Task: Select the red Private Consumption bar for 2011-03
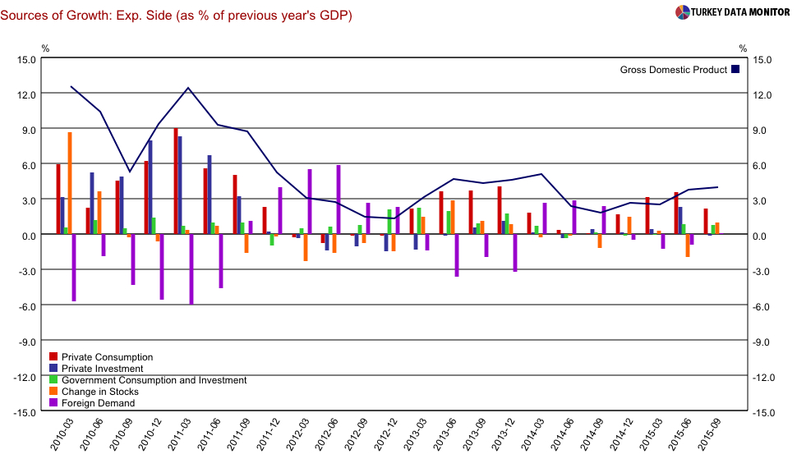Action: tap(176, 181)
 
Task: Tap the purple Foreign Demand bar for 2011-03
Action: tap(191, 269)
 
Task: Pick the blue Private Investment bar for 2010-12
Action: tap(150, 188)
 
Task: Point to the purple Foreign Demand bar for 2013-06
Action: tap(457, 255)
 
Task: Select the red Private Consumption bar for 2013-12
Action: tap(499, 211)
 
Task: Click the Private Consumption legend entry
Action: tap(100, 357)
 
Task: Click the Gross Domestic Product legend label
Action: tap(673, 70)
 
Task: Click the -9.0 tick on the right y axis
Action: tap(760, 342)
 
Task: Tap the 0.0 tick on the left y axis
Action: tap(29, 236)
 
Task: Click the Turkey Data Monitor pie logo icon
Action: tap(683, 12)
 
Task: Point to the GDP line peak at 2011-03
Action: tap(189, 88)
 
